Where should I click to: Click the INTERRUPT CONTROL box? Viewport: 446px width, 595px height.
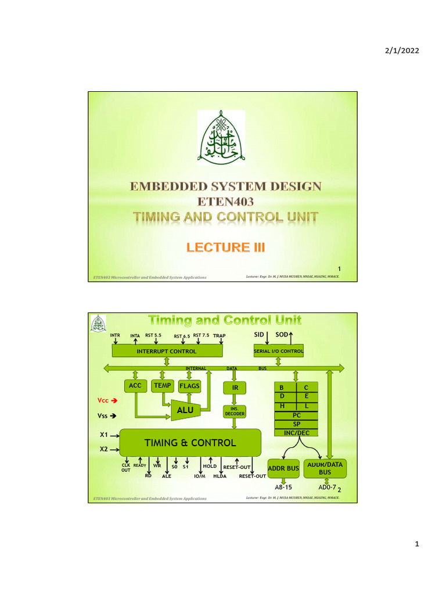coord(166,351)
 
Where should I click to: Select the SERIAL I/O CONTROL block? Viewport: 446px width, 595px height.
coord(279,351)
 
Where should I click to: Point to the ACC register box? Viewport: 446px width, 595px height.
coord(135,385)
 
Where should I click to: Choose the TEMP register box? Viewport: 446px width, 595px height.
coord(163,385)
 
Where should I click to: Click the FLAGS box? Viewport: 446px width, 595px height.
coord(189,385)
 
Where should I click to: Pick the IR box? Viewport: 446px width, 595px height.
coord(235,388)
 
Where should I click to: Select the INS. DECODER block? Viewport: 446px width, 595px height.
coord(235,411)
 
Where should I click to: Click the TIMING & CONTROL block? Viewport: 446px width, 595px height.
coord(190,443)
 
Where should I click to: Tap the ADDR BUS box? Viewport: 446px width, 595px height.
coord(283,468)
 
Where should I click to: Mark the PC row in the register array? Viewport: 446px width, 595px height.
coord(296,416)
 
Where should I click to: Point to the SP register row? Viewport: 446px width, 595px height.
coord(296,425)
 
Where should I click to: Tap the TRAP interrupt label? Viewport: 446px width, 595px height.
coord(219,336)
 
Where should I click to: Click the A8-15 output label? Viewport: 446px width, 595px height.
coord(283,488)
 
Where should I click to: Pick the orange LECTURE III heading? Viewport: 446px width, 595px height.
coord(225,248)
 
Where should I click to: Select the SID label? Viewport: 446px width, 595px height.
coord(259,335)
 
